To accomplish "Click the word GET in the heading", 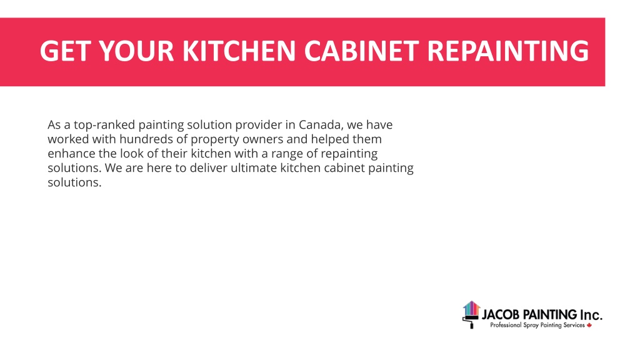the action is (65, 51).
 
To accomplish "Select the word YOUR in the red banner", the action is (136, 51).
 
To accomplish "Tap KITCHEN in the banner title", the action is (239, 51).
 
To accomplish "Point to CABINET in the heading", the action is (361, 51).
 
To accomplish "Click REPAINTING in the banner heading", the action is (507, 51).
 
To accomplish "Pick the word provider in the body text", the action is (259, 125).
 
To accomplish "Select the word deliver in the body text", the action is (209, 167).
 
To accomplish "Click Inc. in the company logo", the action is (591, 315).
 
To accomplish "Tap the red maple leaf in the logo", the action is (589, 325).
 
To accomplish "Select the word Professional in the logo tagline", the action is (506, 325).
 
